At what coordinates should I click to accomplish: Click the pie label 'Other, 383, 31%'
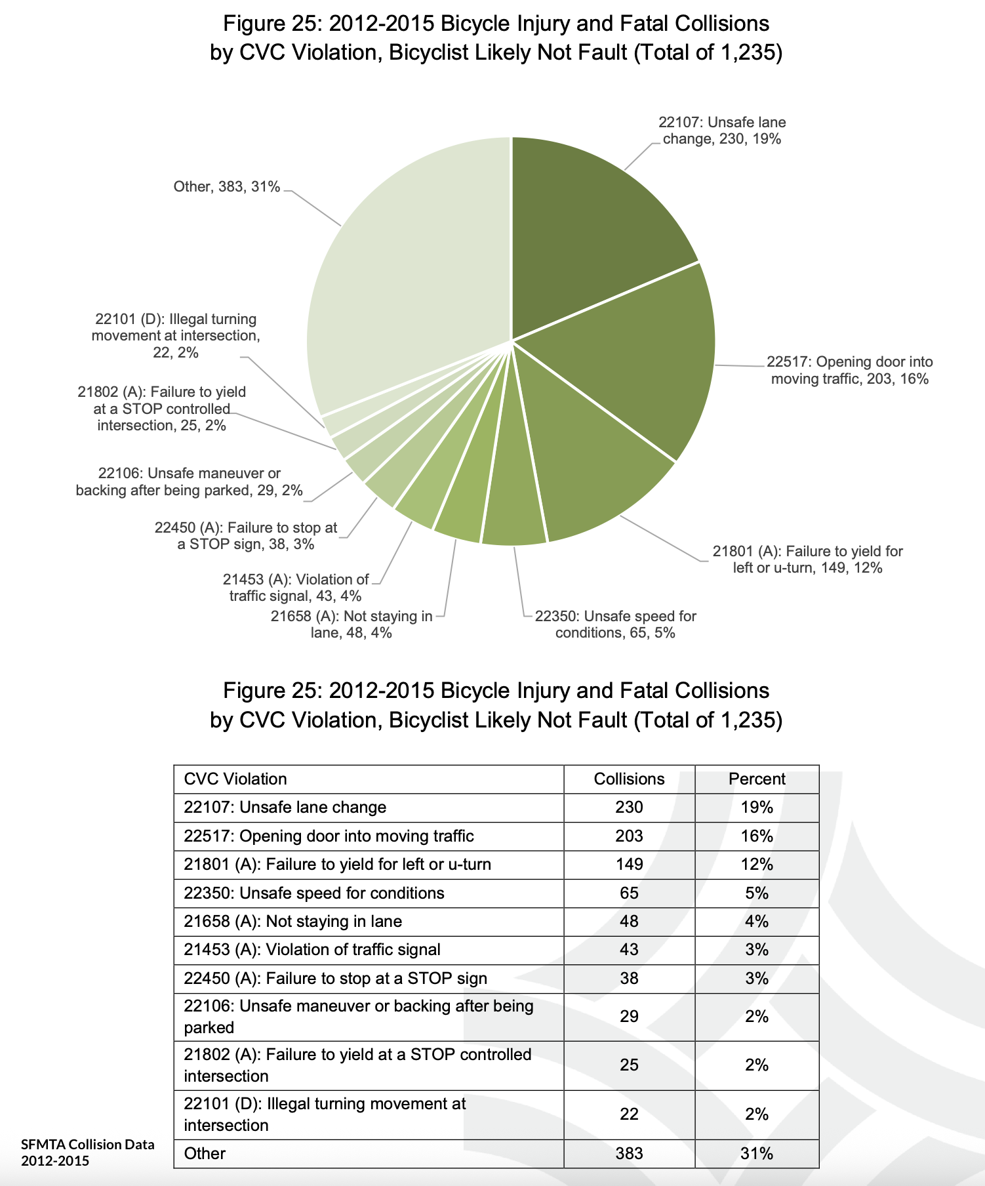227,187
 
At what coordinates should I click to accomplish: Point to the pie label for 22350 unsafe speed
615,624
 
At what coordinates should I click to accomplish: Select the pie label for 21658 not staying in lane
352,624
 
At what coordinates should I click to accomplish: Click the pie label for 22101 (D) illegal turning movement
175,336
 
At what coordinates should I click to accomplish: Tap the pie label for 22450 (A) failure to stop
246,536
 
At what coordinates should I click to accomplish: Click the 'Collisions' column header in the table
629,779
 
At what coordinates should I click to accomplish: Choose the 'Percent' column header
757,779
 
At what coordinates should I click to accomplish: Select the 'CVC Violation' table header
235,779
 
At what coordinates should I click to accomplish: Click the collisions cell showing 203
629,836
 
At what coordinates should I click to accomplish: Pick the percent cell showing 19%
757,808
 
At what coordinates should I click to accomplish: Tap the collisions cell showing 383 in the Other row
629,1154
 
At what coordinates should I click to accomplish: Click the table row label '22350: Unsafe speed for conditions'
314,893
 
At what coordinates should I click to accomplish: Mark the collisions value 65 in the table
629,893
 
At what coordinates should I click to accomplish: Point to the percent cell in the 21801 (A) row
757,865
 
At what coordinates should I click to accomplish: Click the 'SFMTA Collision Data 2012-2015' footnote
88,1153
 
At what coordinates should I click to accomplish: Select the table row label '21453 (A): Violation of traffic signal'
312,950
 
